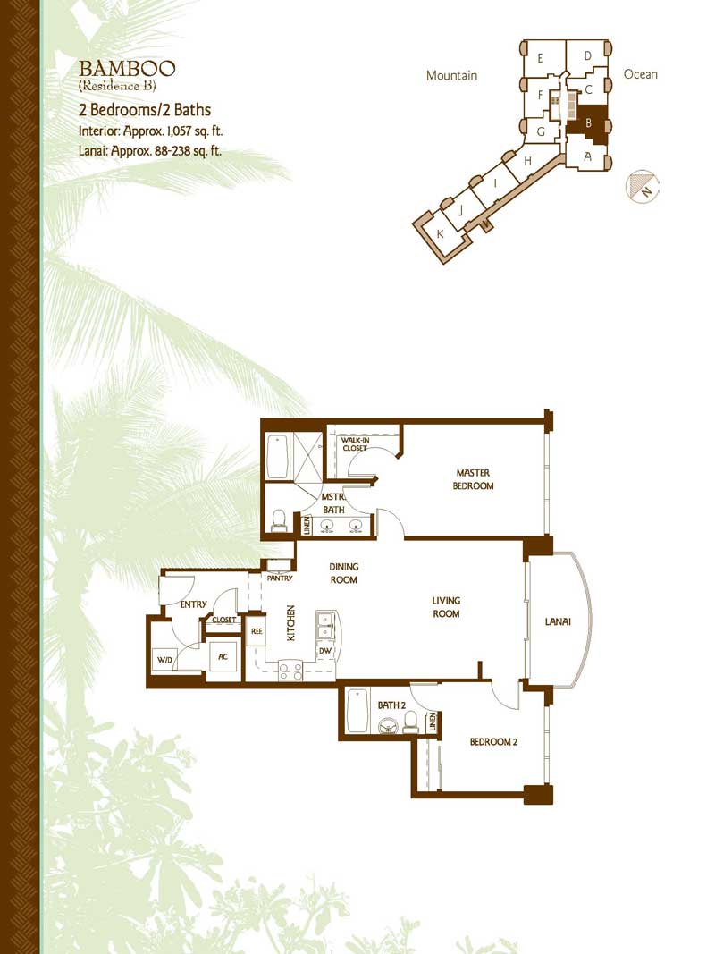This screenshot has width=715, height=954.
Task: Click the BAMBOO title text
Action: click(127, 68)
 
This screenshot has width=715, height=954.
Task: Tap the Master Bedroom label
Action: click(473, 479)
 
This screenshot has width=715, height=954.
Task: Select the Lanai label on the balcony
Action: click(558, 621)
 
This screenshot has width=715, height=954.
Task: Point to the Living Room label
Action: click(446, 606)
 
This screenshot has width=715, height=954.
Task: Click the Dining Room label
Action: click(343, 573)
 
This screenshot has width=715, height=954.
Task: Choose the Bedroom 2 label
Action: click(493, 742)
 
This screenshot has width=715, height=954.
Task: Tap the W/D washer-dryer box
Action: click(164, 660)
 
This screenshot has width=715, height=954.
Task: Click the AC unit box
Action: click(223, 656)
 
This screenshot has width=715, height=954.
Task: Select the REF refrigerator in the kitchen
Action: click(257, 631)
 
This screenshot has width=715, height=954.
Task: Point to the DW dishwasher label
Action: click(325, 651)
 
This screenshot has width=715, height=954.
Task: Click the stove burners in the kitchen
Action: click(290, 671)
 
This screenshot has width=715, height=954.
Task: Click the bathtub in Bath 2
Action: click(357, 711)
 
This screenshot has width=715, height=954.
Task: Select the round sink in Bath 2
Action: click(387, 726)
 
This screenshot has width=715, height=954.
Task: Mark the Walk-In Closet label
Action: click(355, 444)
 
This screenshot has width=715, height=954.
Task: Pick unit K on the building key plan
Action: click(441, 233)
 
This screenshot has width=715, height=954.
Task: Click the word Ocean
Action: click(640, 74)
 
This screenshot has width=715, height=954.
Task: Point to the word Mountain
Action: click(451, 75)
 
